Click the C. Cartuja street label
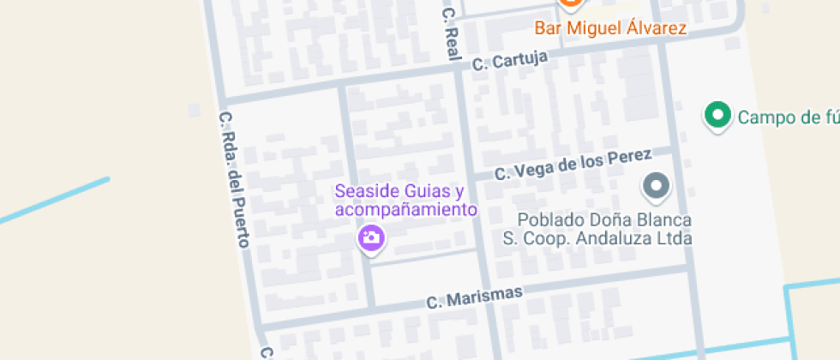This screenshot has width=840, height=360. tap(510, 60)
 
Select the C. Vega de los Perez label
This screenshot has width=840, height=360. tap(573, 165)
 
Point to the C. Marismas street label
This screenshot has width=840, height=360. tap(474, 297)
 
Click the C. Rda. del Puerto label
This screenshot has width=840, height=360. tap(233, 179)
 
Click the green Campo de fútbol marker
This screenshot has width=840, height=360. tap(717, 115)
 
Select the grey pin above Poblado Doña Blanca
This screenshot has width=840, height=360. tap(657, 185)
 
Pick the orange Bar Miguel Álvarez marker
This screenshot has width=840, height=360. tap(569, 3)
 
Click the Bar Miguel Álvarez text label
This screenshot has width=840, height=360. tap(610, 29)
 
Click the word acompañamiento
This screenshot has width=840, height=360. tap(405, 209)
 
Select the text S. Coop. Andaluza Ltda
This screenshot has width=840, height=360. tap(597, 239)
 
